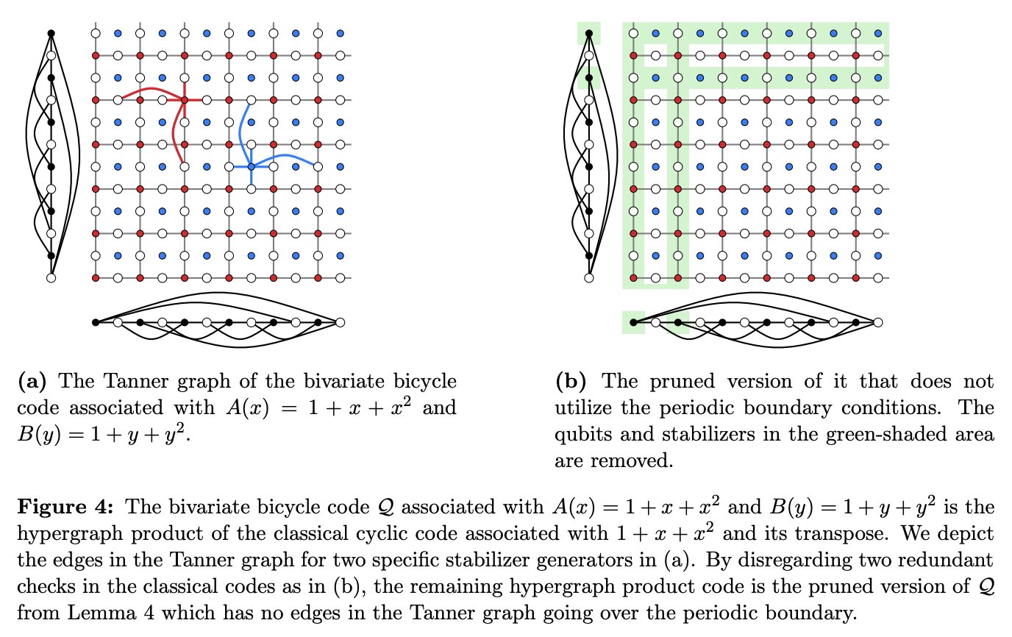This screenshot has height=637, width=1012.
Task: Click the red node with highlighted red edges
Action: tap(184, 99)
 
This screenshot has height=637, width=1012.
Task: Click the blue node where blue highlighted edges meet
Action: tap(251, 167)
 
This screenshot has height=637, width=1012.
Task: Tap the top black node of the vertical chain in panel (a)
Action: tap(51, 33)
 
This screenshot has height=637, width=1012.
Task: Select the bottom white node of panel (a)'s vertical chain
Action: tap(51, 278)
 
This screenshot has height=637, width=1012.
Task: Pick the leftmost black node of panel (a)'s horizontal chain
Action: tap(95, 322)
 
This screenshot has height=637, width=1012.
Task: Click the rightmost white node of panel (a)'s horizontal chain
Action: tap(340, 322)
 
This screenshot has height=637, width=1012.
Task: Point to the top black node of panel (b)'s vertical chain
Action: tap(588, 33)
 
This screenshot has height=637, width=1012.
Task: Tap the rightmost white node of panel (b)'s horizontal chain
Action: tap(877, 322)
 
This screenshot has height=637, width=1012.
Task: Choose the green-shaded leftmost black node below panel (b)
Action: tap(632, 322)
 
